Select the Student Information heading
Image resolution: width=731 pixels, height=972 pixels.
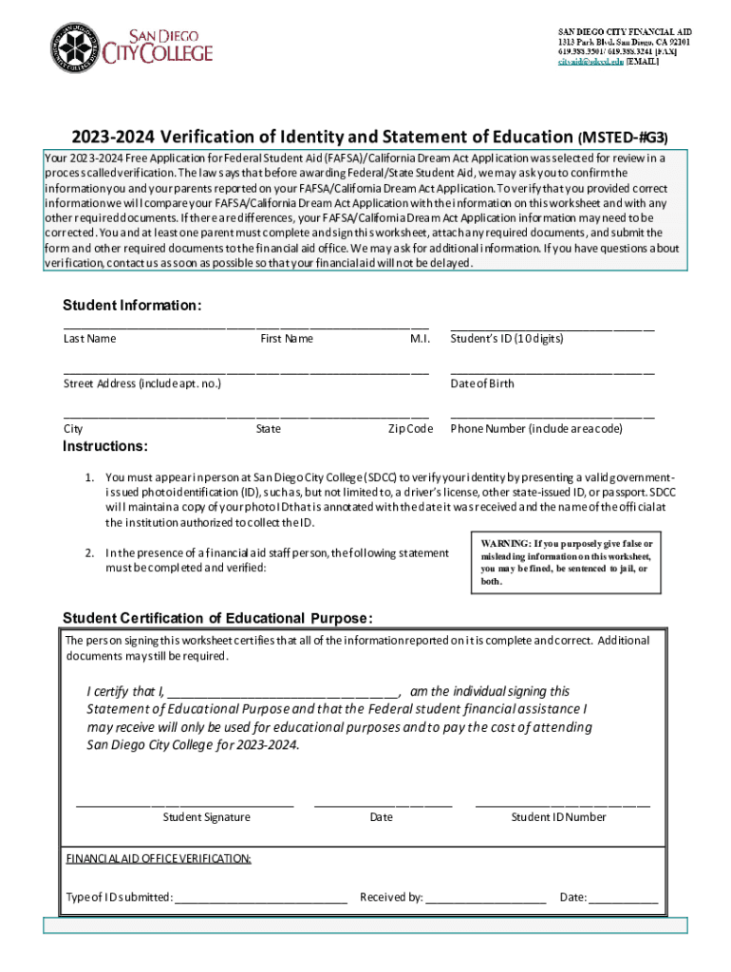click(x=132, y=306)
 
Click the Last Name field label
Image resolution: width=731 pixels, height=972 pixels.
click(x=89, y=339)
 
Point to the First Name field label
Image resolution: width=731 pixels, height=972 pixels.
click(x=286, y=339)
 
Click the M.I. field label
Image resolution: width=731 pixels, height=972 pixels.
click(x=420, y=339)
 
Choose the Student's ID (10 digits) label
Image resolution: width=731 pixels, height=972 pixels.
click(x=506, y=339)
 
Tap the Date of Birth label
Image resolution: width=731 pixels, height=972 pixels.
click(x=482, y=383)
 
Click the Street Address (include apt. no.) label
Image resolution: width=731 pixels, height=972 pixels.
click(x=142, y=383)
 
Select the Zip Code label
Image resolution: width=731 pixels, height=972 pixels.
click(x=410, y=429)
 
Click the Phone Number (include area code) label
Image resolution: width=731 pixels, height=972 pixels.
click(x=536, y=429)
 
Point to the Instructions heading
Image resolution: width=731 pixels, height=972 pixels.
click(x=104, y=446)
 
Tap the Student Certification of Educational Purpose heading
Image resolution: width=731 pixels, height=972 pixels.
click(x=217, y=619)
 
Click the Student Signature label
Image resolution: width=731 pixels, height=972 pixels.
click(x=206, y=817)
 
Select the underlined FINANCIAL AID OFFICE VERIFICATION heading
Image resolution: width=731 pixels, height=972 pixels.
click(x=159, y=859)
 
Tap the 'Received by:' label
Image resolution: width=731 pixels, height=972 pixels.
click(x=391, y=897)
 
